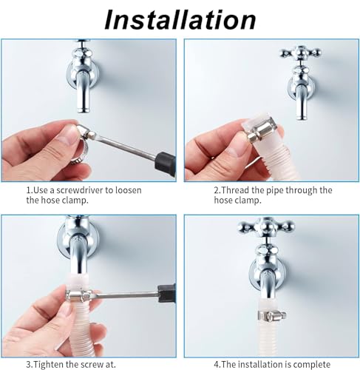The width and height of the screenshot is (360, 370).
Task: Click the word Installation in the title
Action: point(180,20)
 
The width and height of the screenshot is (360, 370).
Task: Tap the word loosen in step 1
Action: point(129,190)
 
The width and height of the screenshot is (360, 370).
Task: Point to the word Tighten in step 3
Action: point(47,364)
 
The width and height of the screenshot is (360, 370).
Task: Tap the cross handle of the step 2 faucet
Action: point(301,53)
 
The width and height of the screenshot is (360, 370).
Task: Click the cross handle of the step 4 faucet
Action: point(266,226)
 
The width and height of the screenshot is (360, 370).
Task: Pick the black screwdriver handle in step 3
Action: point(166,293)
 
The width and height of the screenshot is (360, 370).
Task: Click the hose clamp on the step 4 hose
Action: point(272,315)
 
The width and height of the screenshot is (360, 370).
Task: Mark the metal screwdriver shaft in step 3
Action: point(126,294)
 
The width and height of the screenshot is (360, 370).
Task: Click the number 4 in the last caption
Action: point(216,365)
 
